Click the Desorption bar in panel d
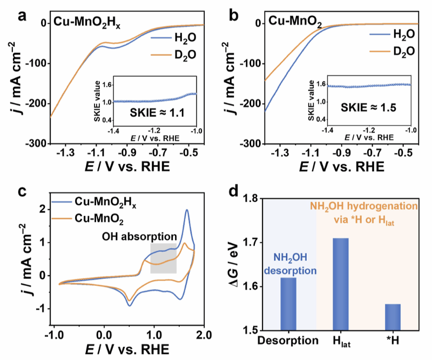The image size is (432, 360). (x=288, y=303)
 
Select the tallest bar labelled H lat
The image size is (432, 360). (x=340, y=284)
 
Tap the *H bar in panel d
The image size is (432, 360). (x=393, y=317)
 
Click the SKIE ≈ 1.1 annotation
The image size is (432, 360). (x=154, y=114)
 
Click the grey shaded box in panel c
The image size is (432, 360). (x=164, y=258)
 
